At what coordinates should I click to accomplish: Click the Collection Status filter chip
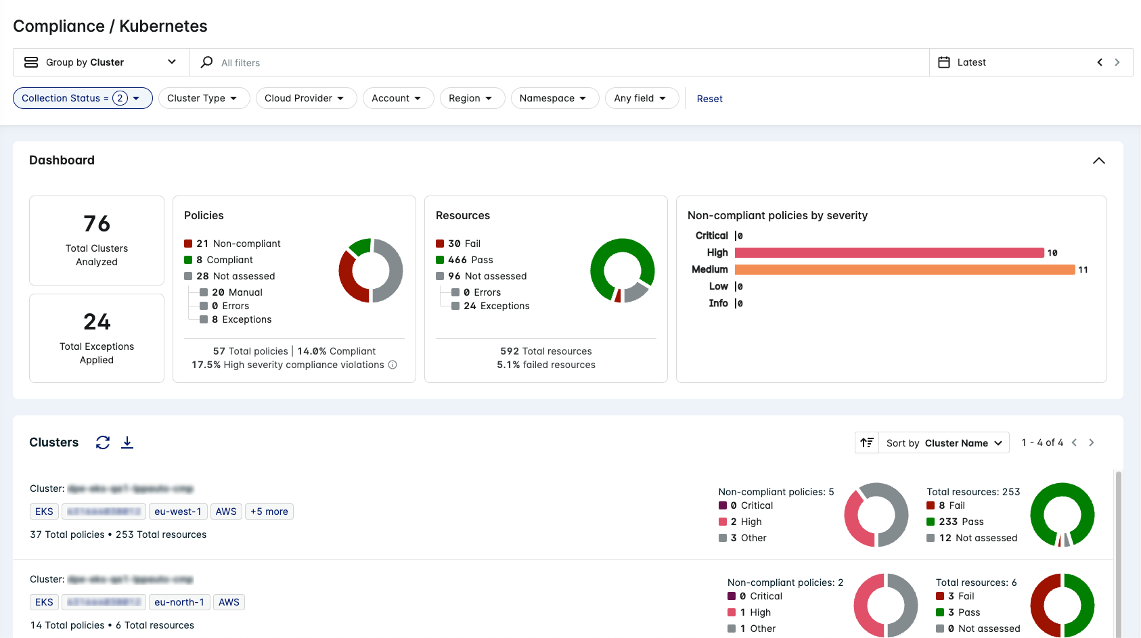click(x=83, y=98)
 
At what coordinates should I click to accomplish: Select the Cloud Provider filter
click(x=305, y=98)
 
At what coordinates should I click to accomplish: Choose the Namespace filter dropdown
click(x=553, y=98)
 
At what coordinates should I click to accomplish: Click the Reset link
click(x=709, y=99)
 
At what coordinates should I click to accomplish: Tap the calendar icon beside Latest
click(x=944, y=62)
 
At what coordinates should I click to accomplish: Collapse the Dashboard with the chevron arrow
click(x=1098, y=160)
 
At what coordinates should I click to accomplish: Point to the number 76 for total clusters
click(x=97, y=224)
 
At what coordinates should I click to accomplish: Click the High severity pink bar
click(x=889, y=252)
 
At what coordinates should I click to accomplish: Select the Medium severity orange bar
click(x=904, y=269)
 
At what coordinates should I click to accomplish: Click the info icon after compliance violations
click(x=393, y=365)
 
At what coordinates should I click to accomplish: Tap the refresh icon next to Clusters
click(x=103, y=442)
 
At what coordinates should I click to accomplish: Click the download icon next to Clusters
click(x=127, y=442)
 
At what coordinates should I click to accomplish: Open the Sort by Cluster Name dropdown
click(x=943, y=443)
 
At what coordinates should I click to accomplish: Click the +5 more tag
click(x=269, y=511)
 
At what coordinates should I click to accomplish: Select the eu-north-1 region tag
click(x=179, y=602)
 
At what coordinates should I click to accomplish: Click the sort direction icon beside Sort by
click(x=867, y=443)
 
